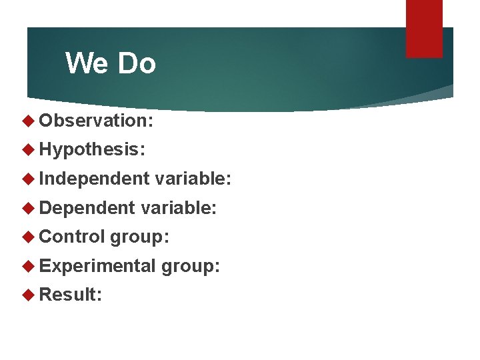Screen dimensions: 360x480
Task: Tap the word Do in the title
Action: pos(136,64)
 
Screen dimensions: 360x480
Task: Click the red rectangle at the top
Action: pos(424,29)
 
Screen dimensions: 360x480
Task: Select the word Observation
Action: pos(96,121)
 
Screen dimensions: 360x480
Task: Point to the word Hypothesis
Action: pos(91,149)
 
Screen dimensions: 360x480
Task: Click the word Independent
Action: pos(94,179)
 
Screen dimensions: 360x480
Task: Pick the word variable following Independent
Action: pos(193,179)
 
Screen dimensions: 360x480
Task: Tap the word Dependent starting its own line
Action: pos(87,208)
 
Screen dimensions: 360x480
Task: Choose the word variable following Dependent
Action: pos(179,208)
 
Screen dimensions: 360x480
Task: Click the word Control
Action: pos(73,237)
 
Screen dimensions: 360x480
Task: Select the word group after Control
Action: pos(141,237)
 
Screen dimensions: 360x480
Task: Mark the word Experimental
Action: pos(97,266)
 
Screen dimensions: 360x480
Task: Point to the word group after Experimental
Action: pos(191,267)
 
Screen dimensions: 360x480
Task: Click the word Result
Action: pos(70,295)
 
